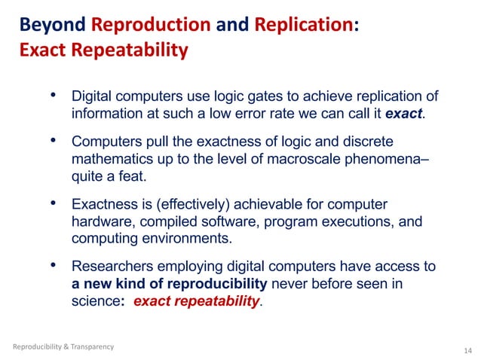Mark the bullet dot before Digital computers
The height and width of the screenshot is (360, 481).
click(53, 96)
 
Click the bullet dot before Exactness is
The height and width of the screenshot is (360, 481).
click(53, 205)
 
